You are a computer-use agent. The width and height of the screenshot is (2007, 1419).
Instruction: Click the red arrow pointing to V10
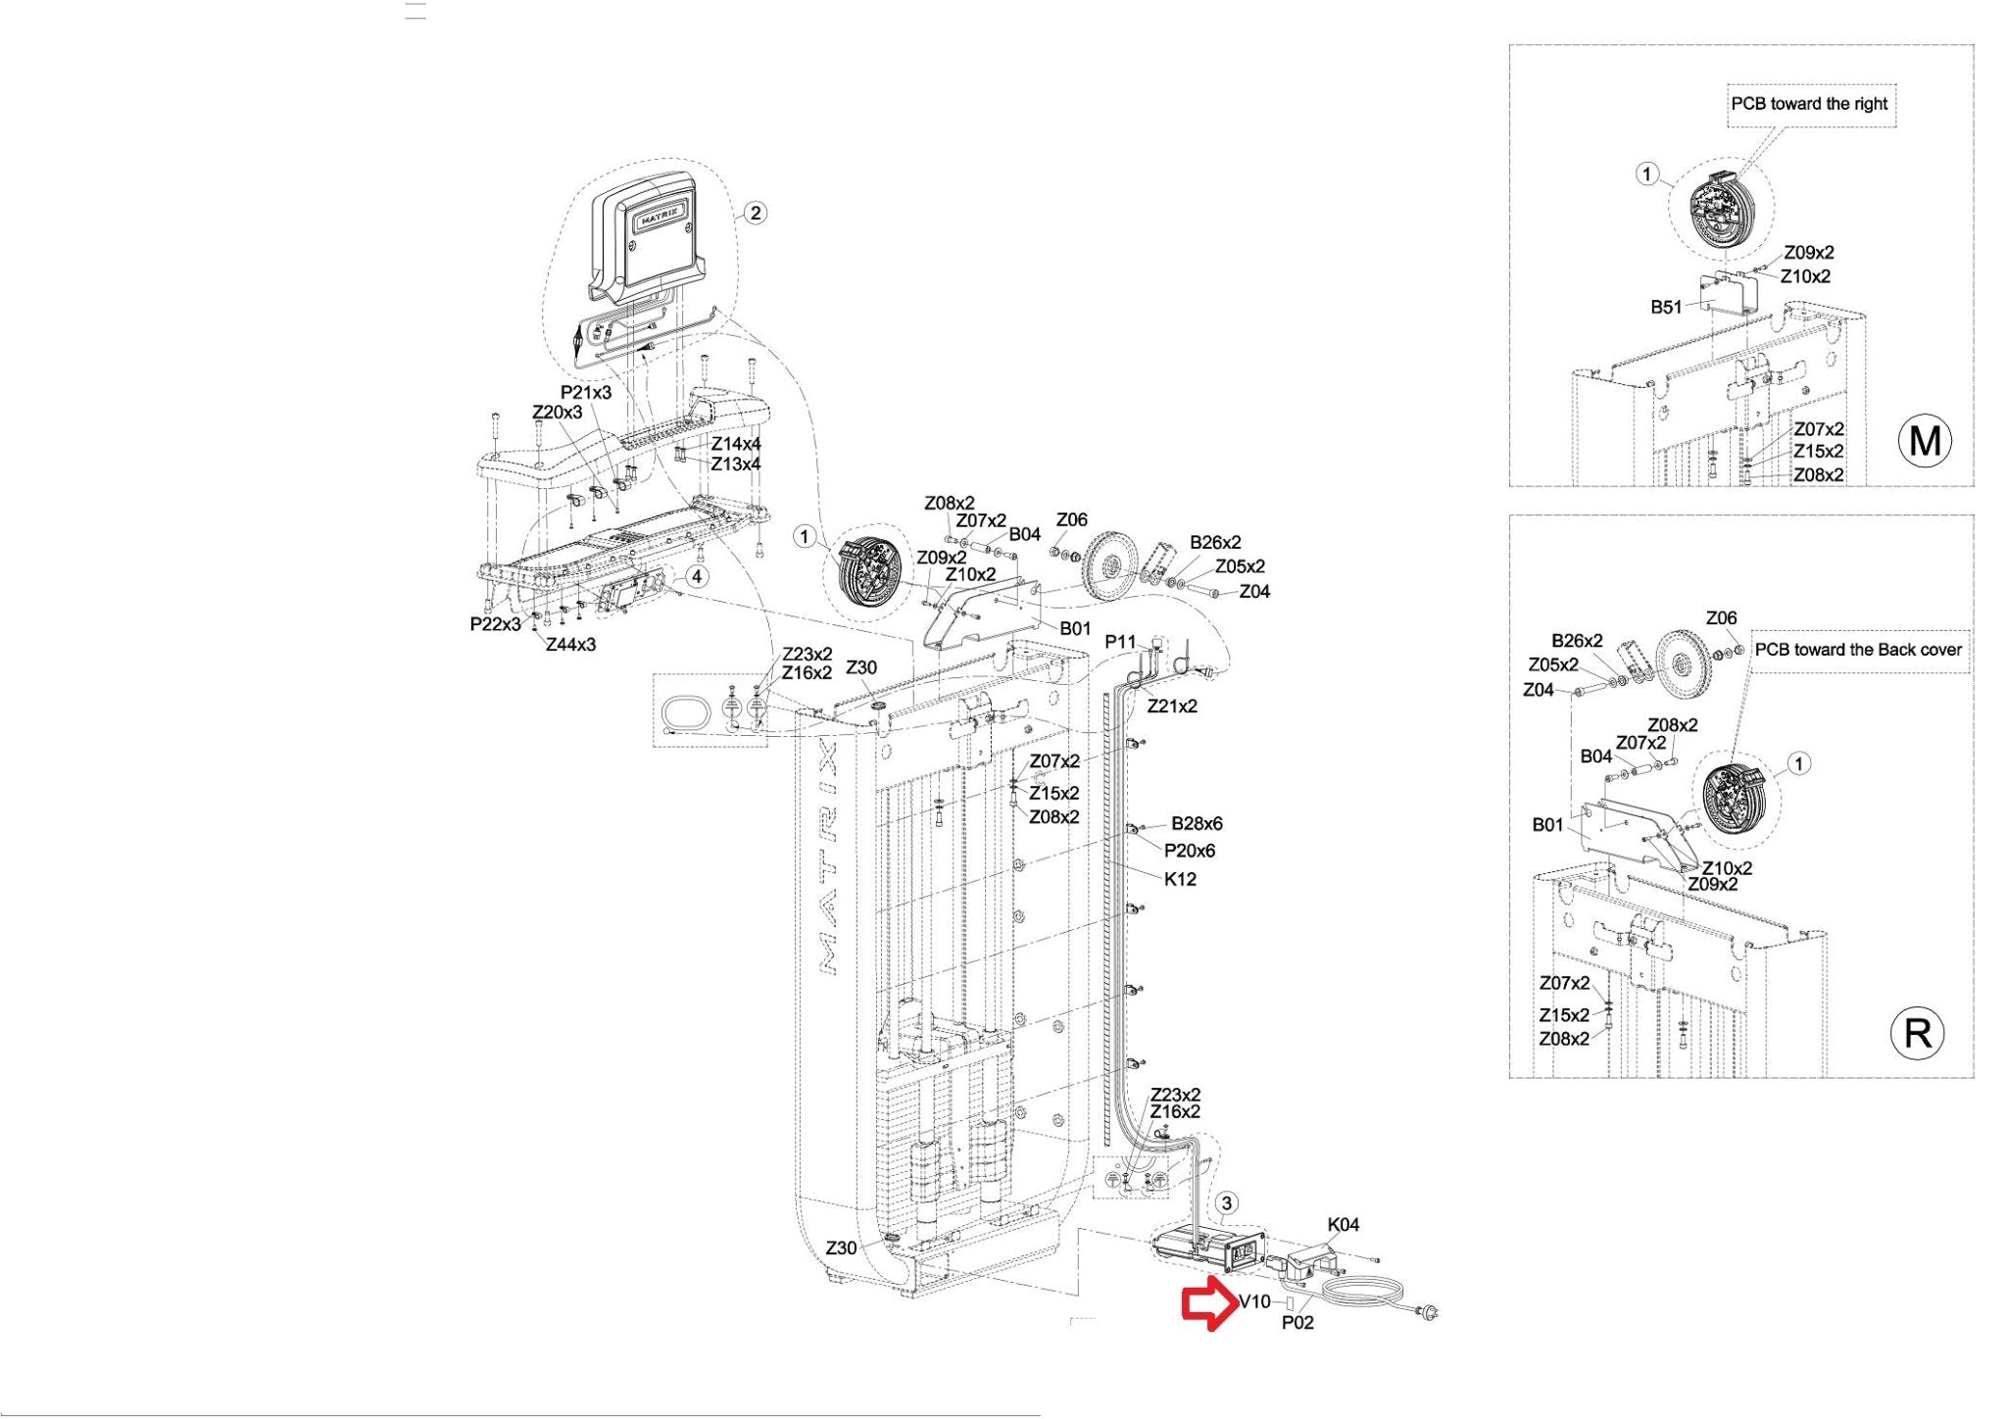coord(1208,1303)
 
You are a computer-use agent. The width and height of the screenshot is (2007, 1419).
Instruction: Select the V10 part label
coord(1254,1302)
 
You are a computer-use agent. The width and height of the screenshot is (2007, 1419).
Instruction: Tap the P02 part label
coord(1297,1323)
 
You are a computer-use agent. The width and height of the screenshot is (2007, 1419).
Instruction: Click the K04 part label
coord(1344,1225)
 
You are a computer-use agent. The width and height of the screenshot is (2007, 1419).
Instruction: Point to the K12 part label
coord(1180,879)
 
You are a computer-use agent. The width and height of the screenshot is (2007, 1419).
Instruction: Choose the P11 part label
coord(1120,642)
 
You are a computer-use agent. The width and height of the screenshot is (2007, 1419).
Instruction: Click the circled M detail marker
coord(1925,441)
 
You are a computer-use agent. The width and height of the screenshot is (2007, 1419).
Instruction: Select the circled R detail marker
coord(1917,1033)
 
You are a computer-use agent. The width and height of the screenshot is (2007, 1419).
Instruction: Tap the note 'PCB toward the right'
coord(1809,104)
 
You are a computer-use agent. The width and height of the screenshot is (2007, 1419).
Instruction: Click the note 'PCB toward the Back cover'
coord(1858,650)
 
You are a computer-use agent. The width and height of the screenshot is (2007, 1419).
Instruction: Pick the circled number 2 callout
coord(755,213)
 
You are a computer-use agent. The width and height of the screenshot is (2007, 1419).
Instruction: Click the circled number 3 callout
coord(1227,1203)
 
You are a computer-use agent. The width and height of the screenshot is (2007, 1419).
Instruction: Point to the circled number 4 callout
coord(696,576)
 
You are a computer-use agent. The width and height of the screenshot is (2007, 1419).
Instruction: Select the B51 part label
coord(1666,308)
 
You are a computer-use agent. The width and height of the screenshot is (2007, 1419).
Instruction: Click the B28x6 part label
coord(1197,824)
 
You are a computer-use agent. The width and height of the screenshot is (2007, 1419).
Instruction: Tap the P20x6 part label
coord(1190,851)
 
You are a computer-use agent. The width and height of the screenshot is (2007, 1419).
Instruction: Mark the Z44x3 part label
coord(570,645)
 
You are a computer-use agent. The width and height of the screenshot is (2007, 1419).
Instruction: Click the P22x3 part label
coord(496,624)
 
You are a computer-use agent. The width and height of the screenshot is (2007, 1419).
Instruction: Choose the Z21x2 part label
coord(1172,707)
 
